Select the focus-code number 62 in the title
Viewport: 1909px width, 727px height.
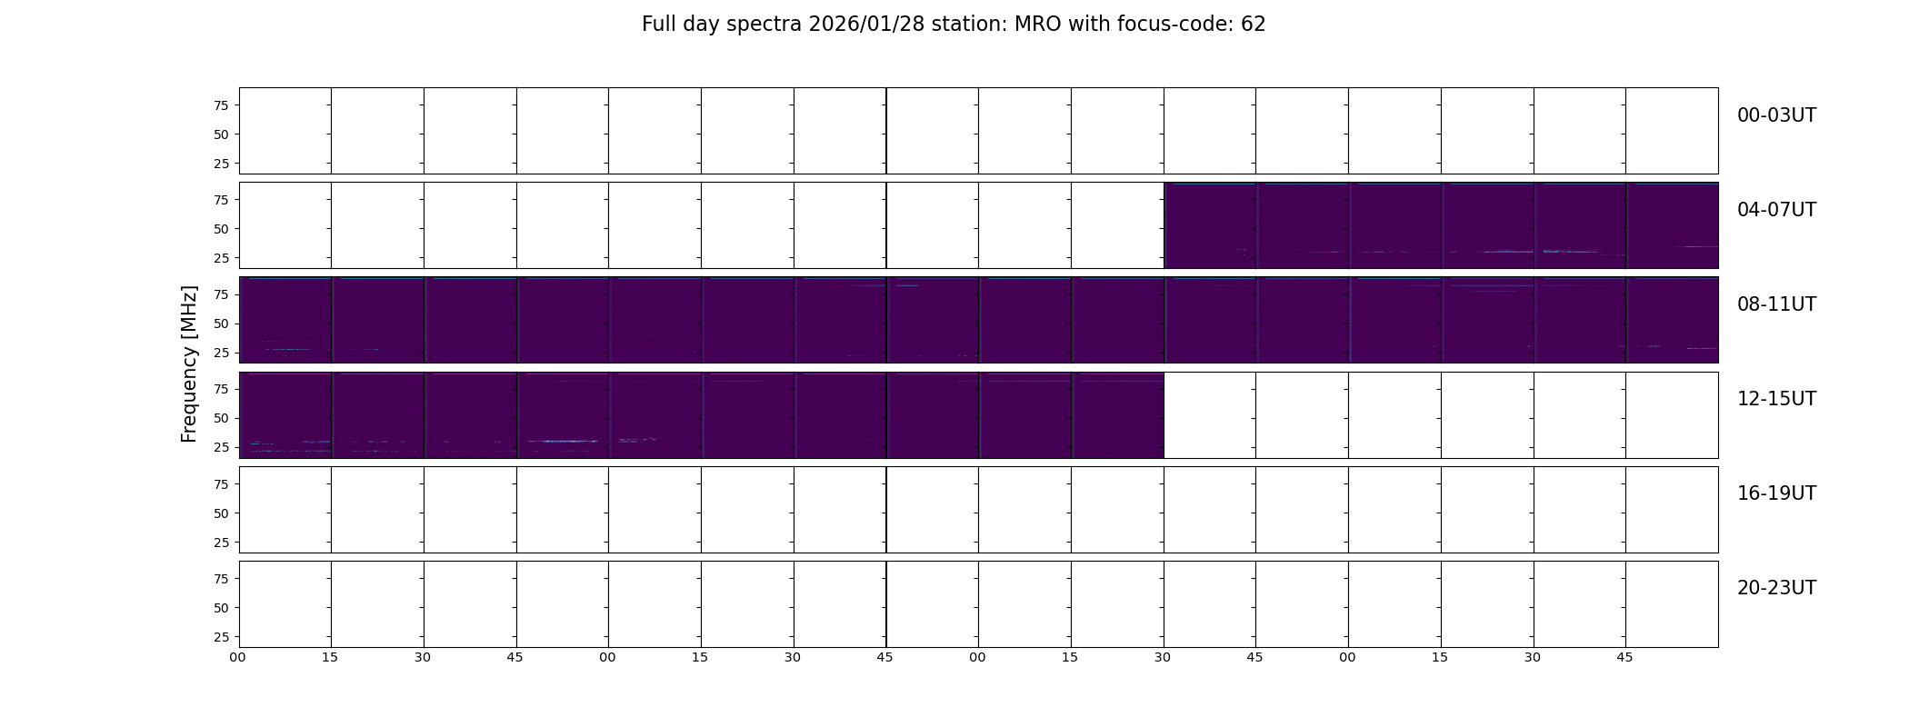pos(1254,25)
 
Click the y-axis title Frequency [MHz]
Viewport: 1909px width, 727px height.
pos(189,363)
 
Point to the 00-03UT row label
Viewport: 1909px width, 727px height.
pos(1776,115)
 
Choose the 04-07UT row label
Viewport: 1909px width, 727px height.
pos(1776,210)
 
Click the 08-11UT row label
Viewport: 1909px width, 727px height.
pos(1776,304)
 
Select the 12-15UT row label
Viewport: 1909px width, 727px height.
pos(1776,399)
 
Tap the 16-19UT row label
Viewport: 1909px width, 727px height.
pos(1776,493)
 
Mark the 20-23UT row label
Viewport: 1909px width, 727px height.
pos(1776,588)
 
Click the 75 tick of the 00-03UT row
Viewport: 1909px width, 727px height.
pos(220,105)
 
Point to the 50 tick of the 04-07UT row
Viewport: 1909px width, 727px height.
pos(220,229)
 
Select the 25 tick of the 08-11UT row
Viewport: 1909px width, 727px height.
pos(220,353)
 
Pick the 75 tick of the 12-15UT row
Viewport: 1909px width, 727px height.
pos(220,389)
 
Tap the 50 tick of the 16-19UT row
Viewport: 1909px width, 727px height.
pos(220,513)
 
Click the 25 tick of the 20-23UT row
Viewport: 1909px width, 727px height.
pos(220,637)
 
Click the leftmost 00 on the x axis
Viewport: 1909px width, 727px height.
pos(237,657)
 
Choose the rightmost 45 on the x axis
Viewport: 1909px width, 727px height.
pos(1624,657)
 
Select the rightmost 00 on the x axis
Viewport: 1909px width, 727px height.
pos(1347,657)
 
